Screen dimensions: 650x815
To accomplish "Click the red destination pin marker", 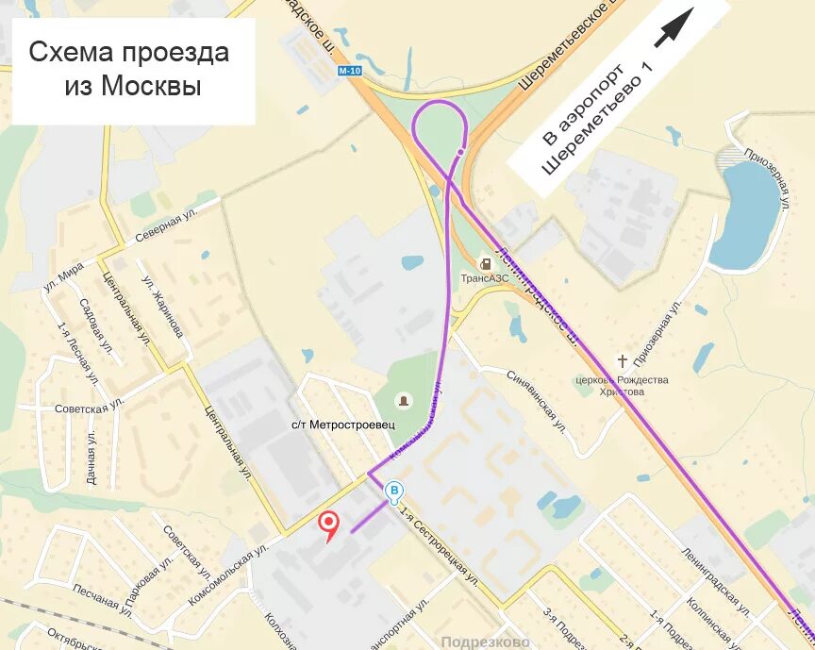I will [x=329, y=523].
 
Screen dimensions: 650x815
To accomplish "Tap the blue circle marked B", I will [x=395, y=491].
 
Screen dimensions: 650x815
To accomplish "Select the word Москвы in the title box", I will [x=133, y=86].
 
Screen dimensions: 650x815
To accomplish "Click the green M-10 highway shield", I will [x=348, y=71].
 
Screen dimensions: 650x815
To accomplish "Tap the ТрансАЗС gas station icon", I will [x=485, y=262].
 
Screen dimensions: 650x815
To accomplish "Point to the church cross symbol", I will [x=622, y=360].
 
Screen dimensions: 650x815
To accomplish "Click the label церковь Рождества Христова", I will [x=622, y=385].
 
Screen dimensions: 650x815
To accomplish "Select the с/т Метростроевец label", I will [x=342, y=425].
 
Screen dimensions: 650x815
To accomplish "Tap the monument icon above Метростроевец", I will [x=405, y=402].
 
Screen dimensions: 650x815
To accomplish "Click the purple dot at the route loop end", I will [x=461, y=151].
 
